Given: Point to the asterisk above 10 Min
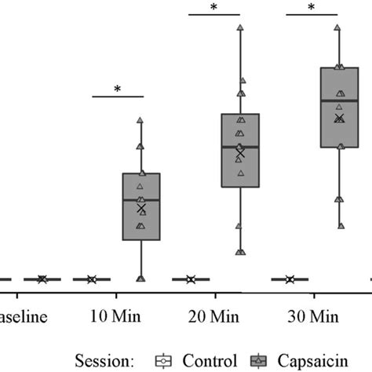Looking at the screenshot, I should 118,89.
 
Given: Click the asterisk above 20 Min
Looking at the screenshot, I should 213,8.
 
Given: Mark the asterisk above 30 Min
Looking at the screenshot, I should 312,8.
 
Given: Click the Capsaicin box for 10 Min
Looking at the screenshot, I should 140,206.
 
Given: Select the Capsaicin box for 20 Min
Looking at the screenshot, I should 240,151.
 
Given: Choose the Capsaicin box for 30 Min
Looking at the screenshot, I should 339,107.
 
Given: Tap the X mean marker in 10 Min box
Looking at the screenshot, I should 141,208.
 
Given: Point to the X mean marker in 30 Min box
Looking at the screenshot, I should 339,119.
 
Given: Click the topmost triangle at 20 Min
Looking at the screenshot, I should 240,27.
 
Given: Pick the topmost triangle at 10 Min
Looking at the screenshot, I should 140,120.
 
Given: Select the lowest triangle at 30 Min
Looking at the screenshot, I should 340,225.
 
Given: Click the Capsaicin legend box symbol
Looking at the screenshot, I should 257,360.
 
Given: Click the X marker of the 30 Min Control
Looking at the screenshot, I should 290,279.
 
